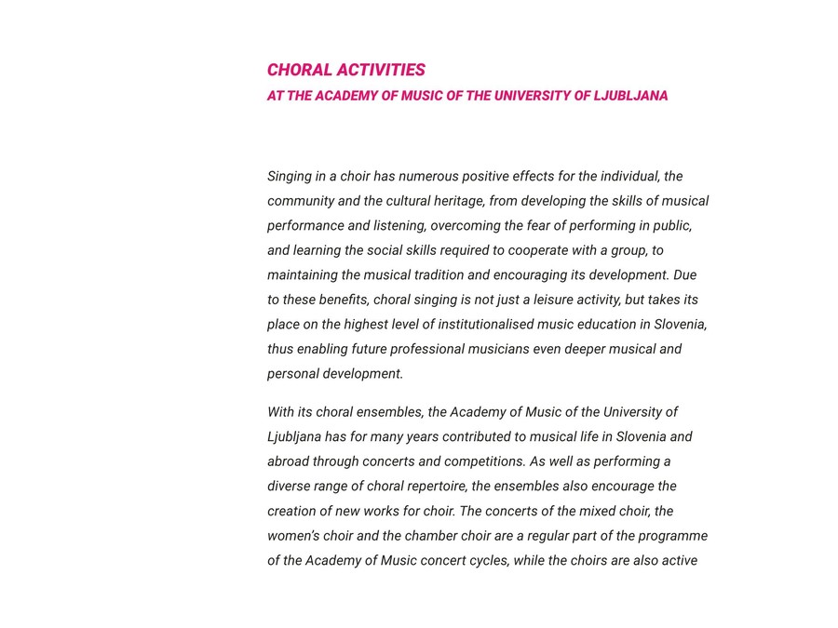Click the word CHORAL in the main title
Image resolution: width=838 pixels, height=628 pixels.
point(299,70)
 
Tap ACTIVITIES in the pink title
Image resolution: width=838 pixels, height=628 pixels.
point(381,70)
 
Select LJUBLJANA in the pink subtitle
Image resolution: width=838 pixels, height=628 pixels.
point(630,96)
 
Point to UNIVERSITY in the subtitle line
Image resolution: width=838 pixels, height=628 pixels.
point(531,96)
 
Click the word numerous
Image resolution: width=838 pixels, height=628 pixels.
point(428,176)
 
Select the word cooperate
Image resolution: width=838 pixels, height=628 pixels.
point(539,250)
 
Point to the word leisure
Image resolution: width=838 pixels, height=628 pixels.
point(556,300)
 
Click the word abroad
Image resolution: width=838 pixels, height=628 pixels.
point(288,461)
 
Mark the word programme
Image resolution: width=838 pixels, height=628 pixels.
point(671,536)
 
